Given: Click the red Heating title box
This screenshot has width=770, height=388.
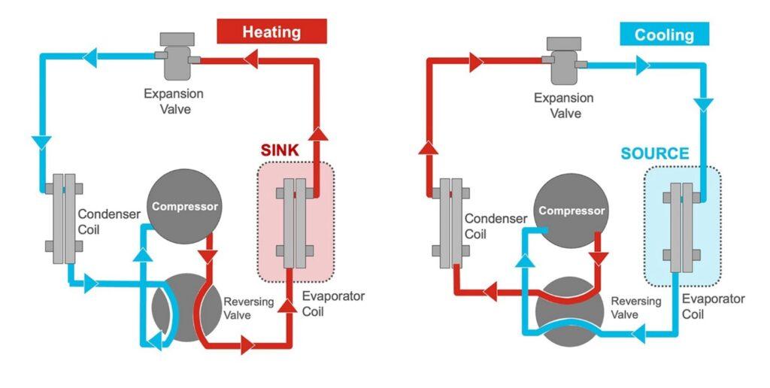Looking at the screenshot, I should [x=271, y=32].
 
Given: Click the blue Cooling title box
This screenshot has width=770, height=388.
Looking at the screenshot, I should [x=664, y=34].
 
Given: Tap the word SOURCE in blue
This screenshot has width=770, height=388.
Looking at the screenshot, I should [x=654, y=154].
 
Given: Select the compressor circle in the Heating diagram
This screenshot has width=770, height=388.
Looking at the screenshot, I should [x=185, y=206].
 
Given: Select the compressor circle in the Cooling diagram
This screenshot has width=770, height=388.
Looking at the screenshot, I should [x=571, y=211].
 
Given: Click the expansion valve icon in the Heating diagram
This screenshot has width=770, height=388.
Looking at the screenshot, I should [x=174, y=58].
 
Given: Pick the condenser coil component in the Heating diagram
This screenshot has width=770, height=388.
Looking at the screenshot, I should [x=59, y=218].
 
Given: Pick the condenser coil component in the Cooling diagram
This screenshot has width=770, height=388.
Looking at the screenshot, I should [x=451, y=222].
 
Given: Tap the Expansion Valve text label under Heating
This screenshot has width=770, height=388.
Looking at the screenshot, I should [x=174, y=102].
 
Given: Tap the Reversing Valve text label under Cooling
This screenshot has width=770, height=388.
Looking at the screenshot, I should [x=635, y=308].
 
